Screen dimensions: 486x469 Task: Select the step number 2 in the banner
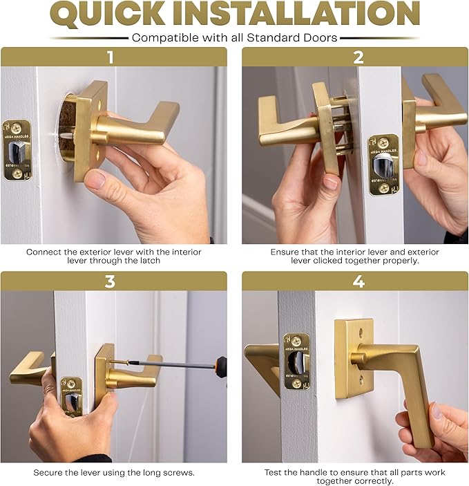click(x=358, y=57)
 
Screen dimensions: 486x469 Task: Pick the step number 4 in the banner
click(x=358, y=281)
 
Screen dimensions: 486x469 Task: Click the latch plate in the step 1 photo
click(x=17, y=150)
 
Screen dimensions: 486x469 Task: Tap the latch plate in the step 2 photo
click(x=383, y=164)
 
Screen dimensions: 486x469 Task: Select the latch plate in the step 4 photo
click(x=296, y=361)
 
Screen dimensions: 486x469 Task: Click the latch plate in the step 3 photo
click(x=71, y=396)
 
